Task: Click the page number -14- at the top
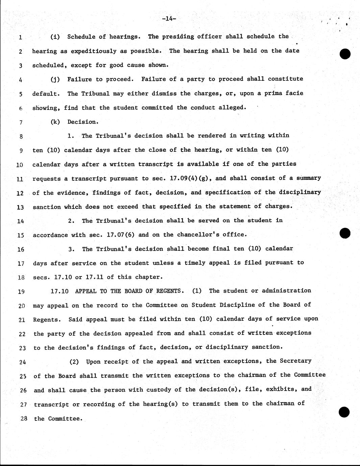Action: coord(169,19)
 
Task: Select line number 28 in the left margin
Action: coord(23,419)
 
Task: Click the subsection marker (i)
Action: coord(55,36)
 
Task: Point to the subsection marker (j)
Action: coord(55,79)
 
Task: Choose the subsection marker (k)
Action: coord(55,122)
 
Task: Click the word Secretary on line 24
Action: coord(295,361)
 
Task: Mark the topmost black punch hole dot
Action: coord(345,54)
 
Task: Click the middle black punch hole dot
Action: coord(345,233)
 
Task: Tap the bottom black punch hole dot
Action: coord(344,412)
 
